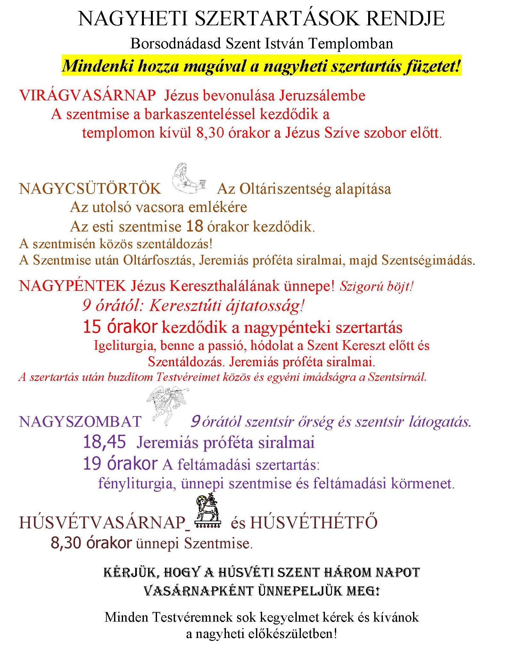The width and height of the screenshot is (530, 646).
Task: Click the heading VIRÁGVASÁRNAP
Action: [x=87, y=96]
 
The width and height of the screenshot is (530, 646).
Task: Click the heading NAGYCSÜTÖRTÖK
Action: [x=90, y=189]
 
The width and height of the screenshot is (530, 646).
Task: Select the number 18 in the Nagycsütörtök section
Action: [x=195, y=226]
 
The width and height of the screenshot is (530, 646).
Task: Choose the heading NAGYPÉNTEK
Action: [x=72, y=286]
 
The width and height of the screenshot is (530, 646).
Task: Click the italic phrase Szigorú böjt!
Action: [x=377, y=286]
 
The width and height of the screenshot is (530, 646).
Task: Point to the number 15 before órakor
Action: [x=92, y=327]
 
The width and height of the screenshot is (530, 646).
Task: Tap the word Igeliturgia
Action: [x=125, y=346]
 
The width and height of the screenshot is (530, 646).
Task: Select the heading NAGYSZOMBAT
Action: [x=80, y=422]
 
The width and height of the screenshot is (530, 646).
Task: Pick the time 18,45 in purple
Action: [x=104, y=442]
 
